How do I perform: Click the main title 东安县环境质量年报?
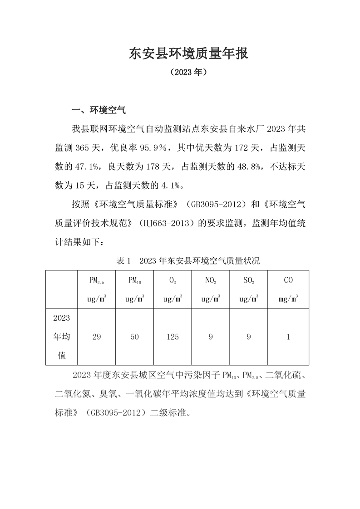[x=189, y=54]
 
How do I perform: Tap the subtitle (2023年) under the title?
[x=189, y=72]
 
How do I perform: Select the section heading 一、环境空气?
[x=99, y=110]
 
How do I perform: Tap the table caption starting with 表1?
[x=188, y=261]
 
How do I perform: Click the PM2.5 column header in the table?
[x=96, y=281]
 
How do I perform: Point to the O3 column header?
[x=173, y=281]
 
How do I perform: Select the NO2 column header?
[x=211, y=281]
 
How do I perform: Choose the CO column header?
[x=288, y=280]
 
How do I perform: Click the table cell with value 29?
[x=96, y=337]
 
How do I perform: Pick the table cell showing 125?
[x=173, y=337]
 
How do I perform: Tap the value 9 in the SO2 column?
[x=249, y=337]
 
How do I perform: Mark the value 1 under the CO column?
[x=288, y=337]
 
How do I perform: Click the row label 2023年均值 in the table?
[x=62, y=337]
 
